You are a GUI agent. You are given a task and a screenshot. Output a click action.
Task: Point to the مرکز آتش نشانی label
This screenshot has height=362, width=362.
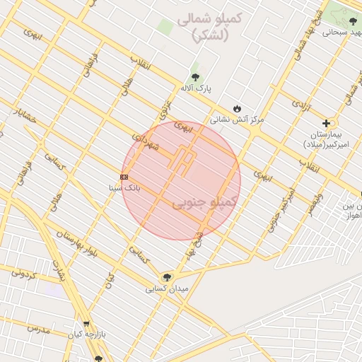pyautogui.click(x=240, y=119)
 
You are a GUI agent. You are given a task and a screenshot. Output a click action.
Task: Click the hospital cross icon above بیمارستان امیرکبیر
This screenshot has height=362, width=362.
pyautogui.click(x=326, y=122)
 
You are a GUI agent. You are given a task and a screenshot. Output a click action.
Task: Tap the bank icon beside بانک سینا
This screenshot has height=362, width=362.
pyautogui.click(x=124, y=177)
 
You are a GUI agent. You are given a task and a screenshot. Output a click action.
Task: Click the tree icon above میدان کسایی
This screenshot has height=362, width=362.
pyautogui.click(x=167, y=278)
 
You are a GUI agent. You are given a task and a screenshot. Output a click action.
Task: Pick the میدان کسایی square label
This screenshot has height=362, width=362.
pyautogui.click(x=167, y=289)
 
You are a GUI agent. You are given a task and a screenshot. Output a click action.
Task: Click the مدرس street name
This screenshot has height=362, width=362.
pyautogui.click(x=38, y=329)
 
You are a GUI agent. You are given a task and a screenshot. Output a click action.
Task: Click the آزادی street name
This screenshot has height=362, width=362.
pyautogui.click(x=300, y=106)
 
